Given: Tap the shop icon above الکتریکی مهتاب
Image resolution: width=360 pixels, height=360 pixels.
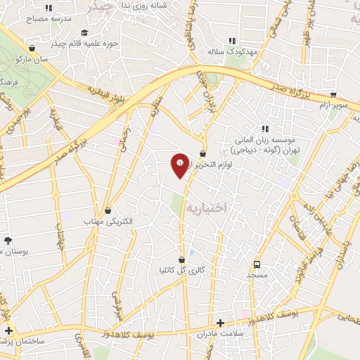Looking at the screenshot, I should coord(108,210).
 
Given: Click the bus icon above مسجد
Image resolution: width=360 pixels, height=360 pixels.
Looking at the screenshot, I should coord(257,265).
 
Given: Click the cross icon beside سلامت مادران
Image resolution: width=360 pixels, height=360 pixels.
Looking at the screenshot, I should coord(221,323).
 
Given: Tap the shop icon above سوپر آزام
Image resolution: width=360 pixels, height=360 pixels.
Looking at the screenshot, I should coord(333,94).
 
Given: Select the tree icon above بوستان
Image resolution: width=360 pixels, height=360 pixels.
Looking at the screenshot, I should coord(8,241).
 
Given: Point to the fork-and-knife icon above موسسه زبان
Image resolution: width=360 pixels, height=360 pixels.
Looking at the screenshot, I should coord(265,129).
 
